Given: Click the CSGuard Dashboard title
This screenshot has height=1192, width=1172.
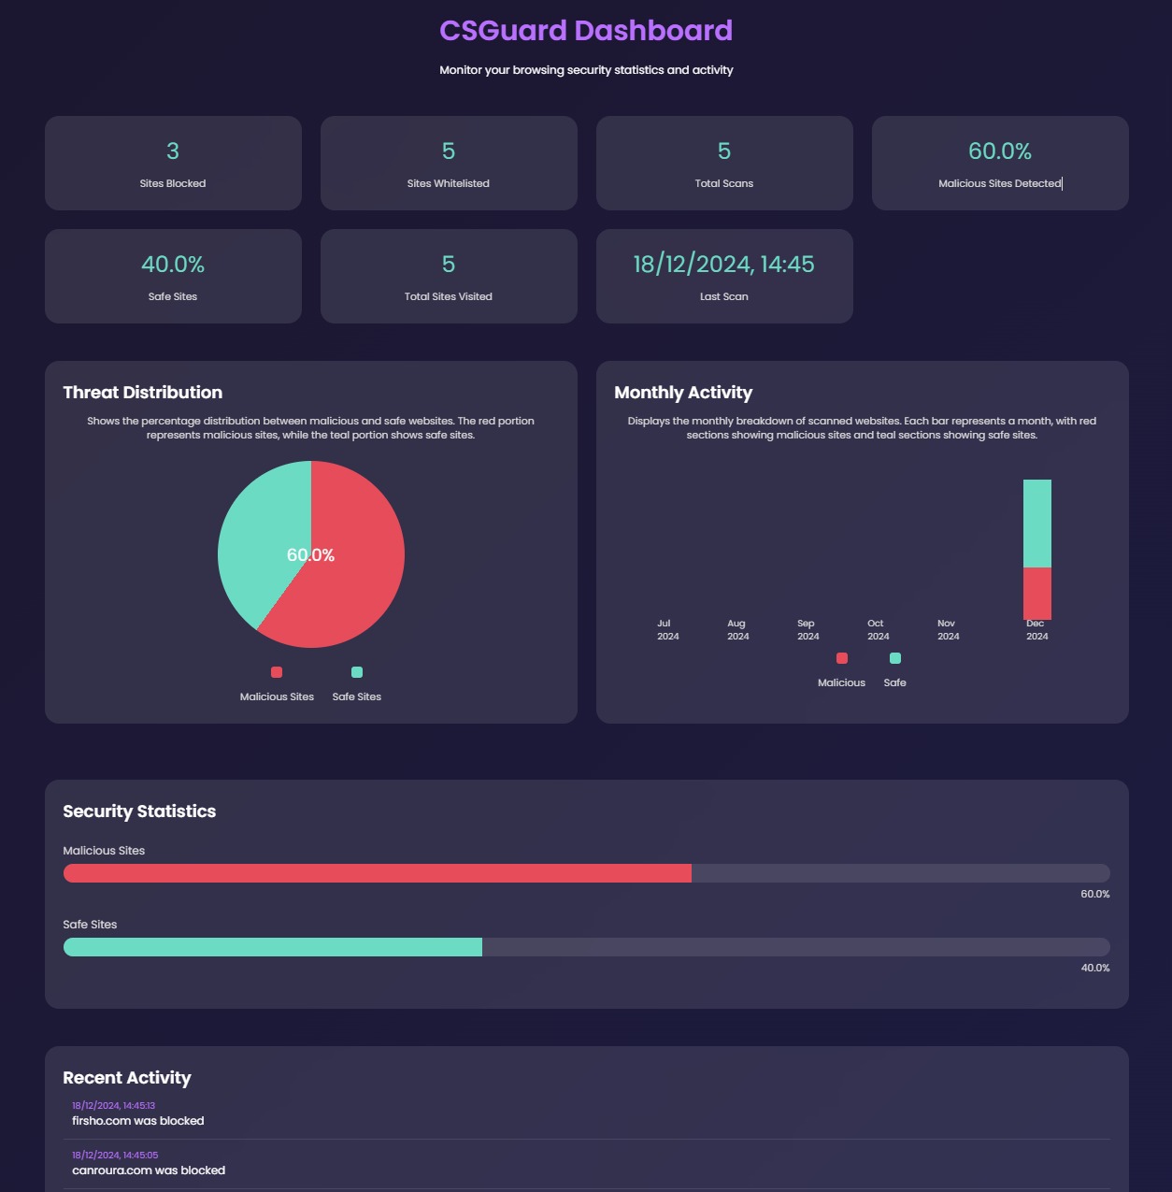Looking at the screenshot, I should tap(586, 31).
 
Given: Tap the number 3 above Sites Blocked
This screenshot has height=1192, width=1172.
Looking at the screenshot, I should tap(173, 151).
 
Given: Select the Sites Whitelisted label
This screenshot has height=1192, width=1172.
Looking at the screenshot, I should tap(449, 183).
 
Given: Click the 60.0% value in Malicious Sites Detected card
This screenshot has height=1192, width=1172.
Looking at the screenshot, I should tap(999, 151).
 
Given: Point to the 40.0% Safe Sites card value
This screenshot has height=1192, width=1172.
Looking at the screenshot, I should tap(173, 265).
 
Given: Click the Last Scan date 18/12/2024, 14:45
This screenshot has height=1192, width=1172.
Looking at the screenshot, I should tap(723, 265).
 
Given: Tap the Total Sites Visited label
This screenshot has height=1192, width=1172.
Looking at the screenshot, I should tap(449, 296).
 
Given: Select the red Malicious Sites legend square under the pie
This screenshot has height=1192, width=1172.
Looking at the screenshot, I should tap(277, 672).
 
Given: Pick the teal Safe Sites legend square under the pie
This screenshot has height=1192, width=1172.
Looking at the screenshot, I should tap(357, 672).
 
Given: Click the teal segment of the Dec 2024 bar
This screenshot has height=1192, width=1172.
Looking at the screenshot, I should tap(1036, 524).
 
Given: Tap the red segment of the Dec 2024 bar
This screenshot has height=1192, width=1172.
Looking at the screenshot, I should tap(1036, 593).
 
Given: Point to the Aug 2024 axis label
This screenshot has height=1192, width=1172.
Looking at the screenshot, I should tap(737, 629).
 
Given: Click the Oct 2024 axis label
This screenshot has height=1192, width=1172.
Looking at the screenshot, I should tap(877, 629).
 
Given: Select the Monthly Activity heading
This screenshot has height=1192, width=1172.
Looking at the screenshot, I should tap(683, 393).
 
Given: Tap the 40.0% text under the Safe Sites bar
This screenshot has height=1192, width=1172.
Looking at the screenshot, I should tap(1094, 968).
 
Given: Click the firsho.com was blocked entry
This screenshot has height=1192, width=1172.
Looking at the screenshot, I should tap(138, 1121).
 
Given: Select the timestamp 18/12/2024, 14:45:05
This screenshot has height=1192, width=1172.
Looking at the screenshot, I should tap(115, 1155).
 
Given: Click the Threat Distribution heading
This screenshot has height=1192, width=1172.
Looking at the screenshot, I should tap(143, 393).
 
